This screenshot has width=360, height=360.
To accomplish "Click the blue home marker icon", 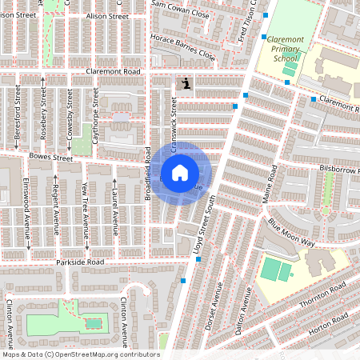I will tap(180, 172).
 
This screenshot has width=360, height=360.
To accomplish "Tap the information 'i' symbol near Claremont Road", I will tap(186, 83).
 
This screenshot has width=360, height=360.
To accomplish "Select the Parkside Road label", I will tap(80, 262).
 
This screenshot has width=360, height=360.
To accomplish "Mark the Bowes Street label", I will tap(50, 158).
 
